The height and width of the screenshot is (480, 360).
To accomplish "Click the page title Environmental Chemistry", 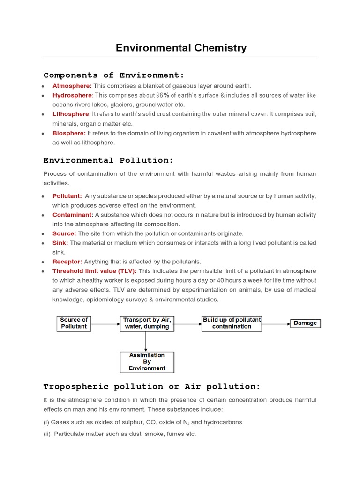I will click(181, 48).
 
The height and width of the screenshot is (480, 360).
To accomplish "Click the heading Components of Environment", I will click(114, 75).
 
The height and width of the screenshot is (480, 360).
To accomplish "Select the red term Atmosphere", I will click(72, 86).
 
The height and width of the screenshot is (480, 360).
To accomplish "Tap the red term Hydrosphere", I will click(72, 95).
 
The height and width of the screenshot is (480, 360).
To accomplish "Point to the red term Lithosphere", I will click(70, 114).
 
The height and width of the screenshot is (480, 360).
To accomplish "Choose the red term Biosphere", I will click(69, 133).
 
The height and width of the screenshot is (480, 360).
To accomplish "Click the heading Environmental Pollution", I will click(108, 160).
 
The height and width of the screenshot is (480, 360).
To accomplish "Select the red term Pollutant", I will click(67, 196).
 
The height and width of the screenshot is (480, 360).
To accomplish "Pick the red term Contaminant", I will click(73, 215).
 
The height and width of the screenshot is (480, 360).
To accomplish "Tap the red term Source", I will click(64, 233).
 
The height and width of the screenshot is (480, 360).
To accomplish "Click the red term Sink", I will click(60, 243).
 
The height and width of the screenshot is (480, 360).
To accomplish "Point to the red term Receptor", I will click(67, 262).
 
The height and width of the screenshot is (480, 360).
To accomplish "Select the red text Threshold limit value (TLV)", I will click(95, 271).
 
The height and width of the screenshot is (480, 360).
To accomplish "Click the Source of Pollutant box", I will click(74, 323).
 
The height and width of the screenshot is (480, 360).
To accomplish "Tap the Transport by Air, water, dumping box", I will click(147, 323).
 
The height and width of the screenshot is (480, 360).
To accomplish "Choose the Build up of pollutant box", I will click(232, 323).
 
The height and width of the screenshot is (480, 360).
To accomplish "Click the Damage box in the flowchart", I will click(305, 323).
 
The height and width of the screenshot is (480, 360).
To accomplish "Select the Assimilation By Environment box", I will click(147, 362).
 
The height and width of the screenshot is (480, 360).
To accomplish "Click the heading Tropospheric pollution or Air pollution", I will click(152, 387).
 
